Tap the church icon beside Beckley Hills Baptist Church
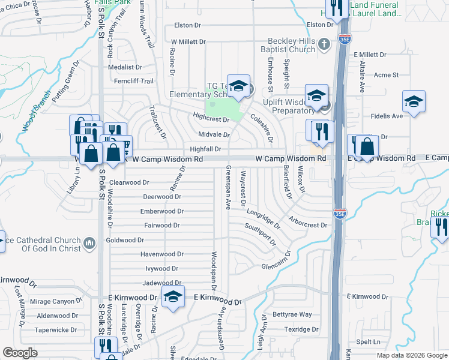pyautogui.click(x=324, y=43)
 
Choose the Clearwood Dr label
pyautogui.click(x=128, y=182)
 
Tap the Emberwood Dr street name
pyautogui.click(x=161, y=211)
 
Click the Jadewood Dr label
pyautogui.click(x=161, y=283)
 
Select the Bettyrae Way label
pyautogui.click(x=292, y=314)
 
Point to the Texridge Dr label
pyautogui.click(x=301, y=329)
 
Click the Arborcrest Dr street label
pyautogui.click(x=307, y=225)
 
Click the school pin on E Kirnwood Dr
pyautogui.click(x=173, y=296)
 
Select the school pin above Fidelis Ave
pyautogui.click(x=414, y=102)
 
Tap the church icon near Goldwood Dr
pyautogui.click(x=89, y=243)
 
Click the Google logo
pyautogui.click(x=20, y=353)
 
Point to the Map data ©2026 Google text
pyautogui.click(x=412, y=355)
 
